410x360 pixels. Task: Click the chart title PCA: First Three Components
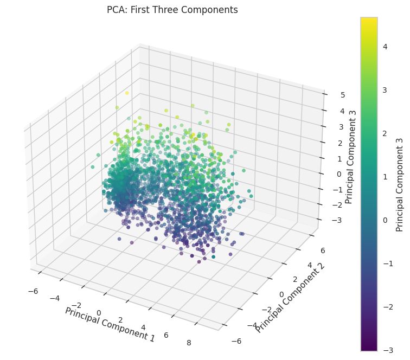[172, 10]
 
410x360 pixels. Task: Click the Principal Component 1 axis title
[110, 324]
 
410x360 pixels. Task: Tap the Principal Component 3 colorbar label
[400, 185]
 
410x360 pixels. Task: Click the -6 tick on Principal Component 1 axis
[33, 291]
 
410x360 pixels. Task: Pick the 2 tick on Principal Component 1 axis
[120, 320]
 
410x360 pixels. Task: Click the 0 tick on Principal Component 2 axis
[281, 294]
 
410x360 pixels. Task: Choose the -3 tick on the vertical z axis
[336, 220]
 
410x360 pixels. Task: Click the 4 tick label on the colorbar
[385, 47]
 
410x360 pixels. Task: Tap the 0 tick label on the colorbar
[385, 220]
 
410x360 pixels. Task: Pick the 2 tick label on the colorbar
[385, 133]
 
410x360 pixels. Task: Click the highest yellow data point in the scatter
[127, 93]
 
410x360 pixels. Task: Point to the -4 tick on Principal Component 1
[55, 298]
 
